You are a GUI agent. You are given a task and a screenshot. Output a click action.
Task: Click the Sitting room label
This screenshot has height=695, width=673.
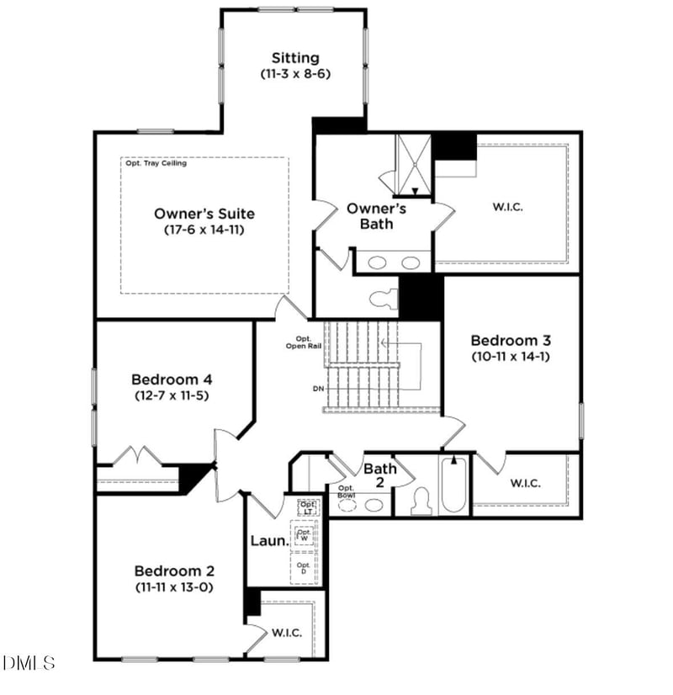click(x=295, y=58)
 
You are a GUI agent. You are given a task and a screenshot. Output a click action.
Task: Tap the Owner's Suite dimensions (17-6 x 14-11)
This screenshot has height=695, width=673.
click(x=204, y=230)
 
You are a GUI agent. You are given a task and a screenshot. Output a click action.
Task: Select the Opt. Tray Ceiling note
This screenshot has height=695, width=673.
click(x=156, y=163)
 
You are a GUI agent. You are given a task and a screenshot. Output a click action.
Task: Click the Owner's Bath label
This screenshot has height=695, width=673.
click(x=376, y=215)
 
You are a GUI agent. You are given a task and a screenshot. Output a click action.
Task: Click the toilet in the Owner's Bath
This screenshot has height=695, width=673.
click(x=383, y=298)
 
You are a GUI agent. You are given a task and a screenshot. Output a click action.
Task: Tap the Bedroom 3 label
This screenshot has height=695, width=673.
click(x=510, y=341)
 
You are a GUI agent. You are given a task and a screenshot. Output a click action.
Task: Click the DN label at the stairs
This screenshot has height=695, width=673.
click(x=316, y=388)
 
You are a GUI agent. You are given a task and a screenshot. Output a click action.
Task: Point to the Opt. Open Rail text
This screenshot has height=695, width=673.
click(x=299, y=344)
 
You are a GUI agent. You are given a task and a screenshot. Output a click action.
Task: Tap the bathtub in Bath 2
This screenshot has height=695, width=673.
click(x=453, y=486)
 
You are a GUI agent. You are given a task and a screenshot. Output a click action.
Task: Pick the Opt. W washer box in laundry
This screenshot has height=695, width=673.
click(x=304, y=534)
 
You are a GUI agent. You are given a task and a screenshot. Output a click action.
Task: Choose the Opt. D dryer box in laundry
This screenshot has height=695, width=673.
click(x=304, y=567)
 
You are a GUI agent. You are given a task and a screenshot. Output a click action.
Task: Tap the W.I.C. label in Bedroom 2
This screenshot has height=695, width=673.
click(x=286, y=633)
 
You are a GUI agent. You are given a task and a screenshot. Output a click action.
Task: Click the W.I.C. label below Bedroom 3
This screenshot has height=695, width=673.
click(x=525, y=483)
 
